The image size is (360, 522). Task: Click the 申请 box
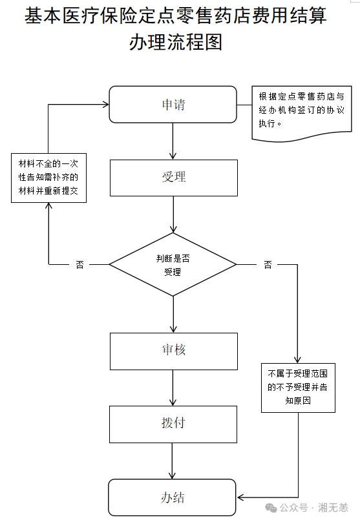click(173, 105)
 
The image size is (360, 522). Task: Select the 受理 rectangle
click(173, 178)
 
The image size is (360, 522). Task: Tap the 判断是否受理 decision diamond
click(173, 264)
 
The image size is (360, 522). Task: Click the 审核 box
click(173, 351)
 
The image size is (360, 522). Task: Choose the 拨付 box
click(173, 424)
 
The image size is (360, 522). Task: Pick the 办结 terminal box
click(172, 497)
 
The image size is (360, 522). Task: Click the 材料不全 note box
click(48, 178)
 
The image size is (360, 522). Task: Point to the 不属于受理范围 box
click(298, 388)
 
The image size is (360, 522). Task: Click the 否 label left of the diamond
click(79, 265)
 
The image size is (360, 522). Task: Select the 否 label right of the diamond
click(268, 265)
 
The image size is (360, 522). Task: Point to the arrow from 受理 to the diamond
click(173, 214)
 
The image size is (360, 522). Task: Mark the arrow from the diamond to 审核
click(173, 314)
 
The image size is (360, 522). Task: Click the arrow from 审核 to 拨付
click(173, 388)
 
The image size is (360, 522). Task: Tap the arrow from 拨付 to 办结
click(172, 461)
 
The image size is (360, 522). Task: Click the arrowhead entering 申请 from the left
click(106, 105)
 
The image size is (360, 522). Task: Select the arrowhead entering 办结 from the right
click(240, 497)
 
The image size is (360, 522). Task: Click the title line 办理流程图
click(176, 42)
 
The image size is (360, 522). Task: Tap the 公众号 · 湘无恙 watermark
click(306, 508)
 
